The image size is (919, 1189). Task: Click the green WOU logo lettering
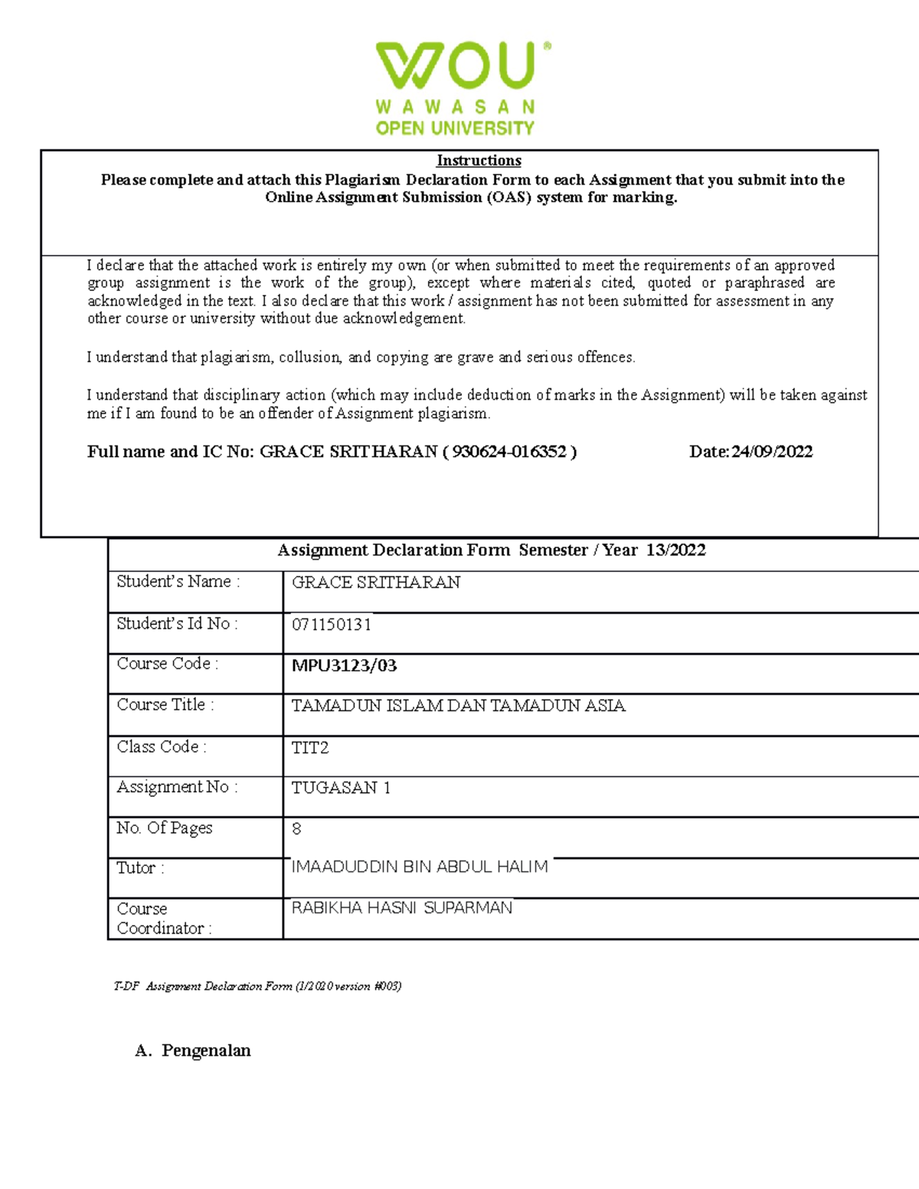(455, 66)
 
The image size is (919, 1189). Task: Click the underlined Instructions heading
(479, 161)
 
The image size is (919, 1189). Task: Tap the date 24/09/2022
(771, 452)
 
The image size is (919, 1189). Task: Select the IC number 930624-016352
(509, 452)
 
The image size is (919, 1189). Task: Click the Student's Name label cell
(178, 582)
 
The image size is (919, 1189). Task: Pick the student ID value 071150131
(331, 625)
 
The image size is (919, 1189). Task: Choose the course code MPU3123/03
(344, 665)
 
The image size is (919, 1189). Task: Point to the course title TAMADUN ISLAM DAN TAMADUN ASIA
(458, 706)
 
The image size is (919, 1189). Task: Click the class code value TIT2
(309, 748)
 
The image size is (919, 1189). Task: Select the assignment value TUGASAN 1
(341, 788)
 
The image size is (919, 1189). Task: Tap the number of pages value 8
(296, 829)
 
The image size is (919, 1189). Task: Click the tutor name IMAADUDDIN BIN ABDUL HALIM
(419, 867)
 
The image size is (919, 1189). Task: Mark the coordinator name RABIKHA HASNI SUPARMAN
(401, 908)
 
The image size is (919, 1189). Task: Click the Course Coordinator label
(163, 918)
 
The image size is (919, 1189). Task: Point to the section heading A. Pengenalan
(193, 1050)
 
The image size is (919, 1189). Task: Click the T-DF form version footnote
(257, 986)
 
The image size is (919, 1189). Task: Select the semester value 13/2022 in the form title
(675, 550)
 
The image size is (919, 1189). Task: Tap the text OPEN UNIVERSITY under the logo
(455, 128)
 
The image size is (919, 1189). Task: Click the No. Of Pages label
(164, 828)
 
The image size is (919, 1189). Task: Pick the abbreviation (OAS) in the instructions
(509, 198)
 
